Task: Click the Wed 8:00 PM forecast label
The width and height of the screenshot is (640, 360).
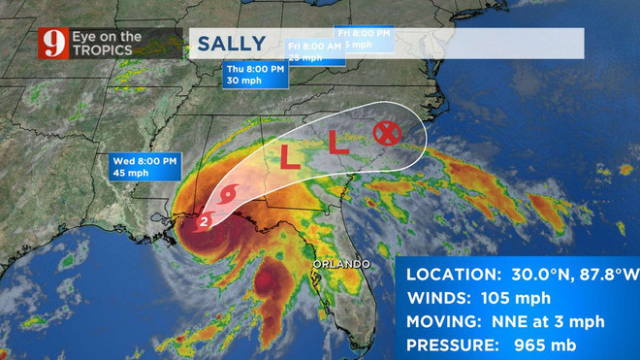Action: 142,159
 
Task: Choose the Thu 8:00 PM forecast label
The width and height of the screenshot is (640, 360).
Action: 254,69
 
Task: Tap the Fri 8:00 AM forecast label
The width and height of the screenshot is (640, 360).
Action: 312,46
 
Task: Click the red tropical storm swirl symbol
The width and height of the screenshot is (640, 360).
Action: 226,197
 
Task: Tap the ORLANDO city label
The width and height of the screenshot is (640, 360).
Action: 340,264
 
